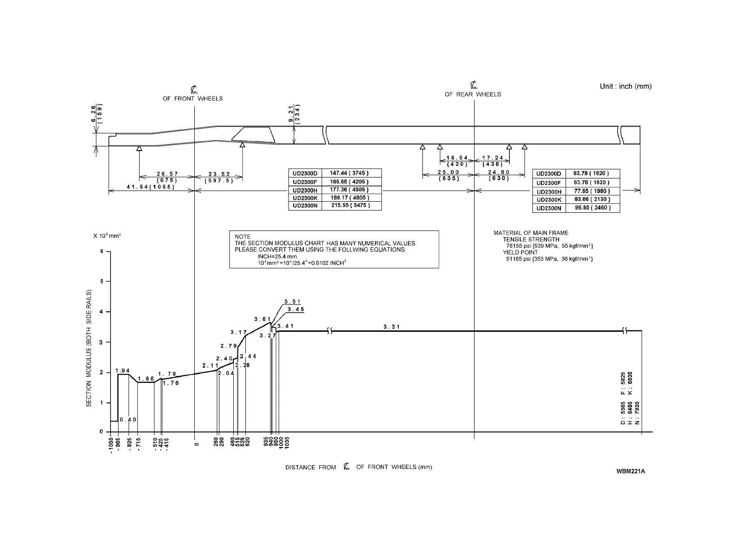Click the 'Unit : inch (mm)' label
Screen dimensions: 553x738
[x=626, y=86]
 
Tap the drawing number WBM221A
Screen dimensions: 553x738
[x=631, y=471]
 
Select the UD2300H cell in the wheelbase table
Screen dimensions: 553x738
[x=305, y=190]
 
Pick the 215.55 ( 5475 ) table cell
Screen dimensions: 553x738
[x=350, y=205]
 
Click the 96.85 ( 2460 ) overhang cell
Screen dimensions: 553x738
[x=592, y=208]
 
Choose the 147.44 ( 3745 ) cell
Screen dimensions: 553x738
[x=349, y=173]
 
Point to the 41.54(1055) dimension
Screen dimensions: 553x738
[x=151, y=187]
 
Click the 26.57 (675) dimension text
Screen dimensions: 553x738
[x=167, y=177]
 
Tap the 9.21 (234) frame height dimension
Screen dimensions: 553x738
[x=294, y=113]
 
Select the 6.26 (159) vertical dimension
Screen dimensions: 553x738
[x=96, y=113]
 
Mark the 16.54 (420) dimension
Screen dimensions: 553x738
[x=457, y=161]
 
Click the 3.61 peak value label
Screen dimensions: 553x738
[x=263, y=319]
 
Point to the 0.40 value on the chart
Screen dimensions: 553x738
[x=128, y=420]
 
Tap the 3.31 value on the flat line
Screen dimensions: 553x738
[x=392, y=327]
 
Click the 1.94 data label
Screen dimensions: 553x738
[x=123, y=370]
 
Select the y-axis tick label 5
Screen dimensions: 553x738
[x=102, y=282]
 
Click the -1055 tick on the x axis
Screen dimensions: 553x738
[x=111, y=446]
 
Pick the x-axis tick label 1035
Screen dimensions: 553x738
[x=287, y=442]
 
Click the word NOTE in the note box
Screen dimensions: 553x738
[x=243, y=237]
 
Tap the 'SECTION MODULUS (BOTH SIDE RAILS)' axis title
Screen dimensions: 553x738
[x=88, y=348]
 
